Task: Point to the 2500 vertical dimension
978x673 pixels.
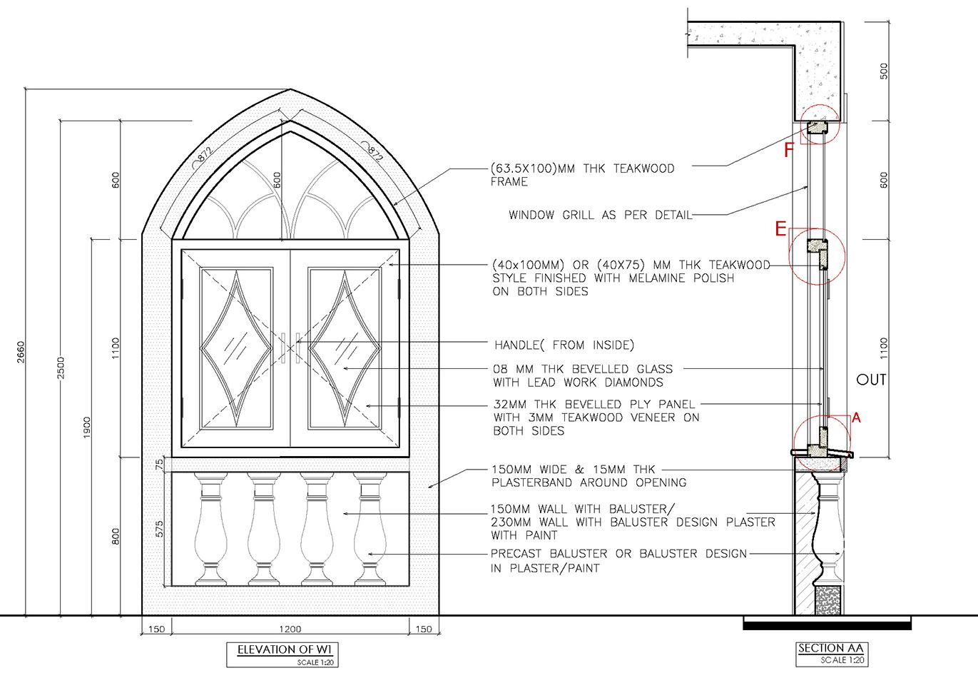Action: [61, 369]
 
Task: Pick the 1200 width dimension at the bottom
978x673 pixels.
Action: [290, 629]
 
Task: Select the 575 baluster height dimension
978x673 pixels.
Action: [160, 529]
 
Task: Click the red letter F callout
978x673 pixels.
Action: [788, 151]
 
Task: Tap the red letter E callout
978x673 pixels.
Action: [781, 228]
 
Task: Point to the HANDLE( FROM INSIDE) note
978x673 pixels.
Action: [564, 345]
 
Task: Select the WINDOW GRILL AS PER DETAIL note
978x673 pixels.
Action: [599, 215]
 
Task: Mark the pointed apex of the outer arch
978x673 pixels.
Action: [290, 91]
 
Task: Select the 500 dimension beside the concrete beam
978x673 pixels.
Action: [885, 71]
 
